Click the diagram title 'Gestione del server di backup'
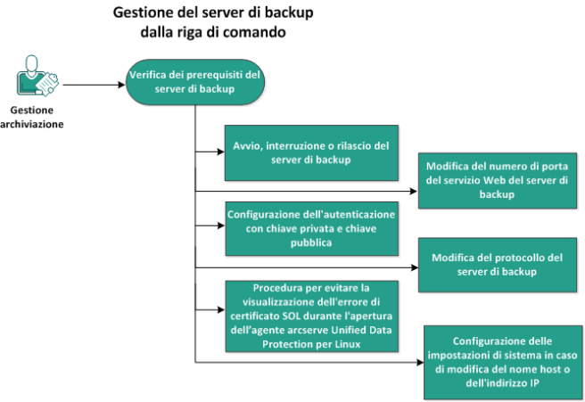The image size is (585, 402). click(x=213, y=12)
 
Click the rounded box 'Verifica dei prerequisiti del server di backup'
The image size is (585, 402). click(x=195, y=82)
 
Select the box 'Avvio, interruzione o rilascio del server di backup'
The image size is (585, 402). click(x=311, y=153)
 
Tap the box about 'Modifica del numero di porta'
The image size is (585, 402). click(x=498, y=180)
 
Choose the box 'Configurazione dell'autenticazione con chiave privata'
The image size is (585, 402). click(x=311, y=228)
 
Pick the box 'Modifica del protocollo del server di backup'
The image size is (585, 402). click(x=498, y=265)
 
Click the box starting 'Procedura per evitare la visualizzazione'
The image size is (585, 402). click(x=311, y=316)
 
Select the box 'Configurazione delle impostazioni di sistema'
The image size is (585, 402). click(x=503, y=363)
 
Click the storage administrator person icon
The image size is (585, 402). click(x=37, y=76)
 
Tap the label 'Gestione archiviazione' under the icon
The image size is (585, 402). click(x=32, y=117)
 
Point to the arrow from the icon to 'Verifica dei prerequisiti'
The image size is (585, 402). click(x=94, y=85)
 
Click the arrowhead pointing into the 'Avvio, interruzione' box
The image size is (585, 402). click(x=221, y=152)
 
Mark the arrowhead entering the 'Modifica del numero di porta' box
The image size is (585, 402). click(x=414, y=192)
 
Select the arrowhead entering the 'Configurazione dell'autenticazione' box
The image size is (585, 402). click(x=221, y=226)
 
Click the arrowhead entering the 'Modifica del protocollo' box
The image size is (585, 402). click(x=414, y=267)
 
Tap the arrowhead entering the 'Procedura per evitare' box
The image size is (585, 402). click(x=221, y=309)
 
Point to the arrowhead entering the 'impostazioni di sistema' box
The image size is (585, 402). click(x=420, y=362)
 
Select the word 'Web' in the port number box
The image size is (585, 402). click(x=494, y=180)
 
